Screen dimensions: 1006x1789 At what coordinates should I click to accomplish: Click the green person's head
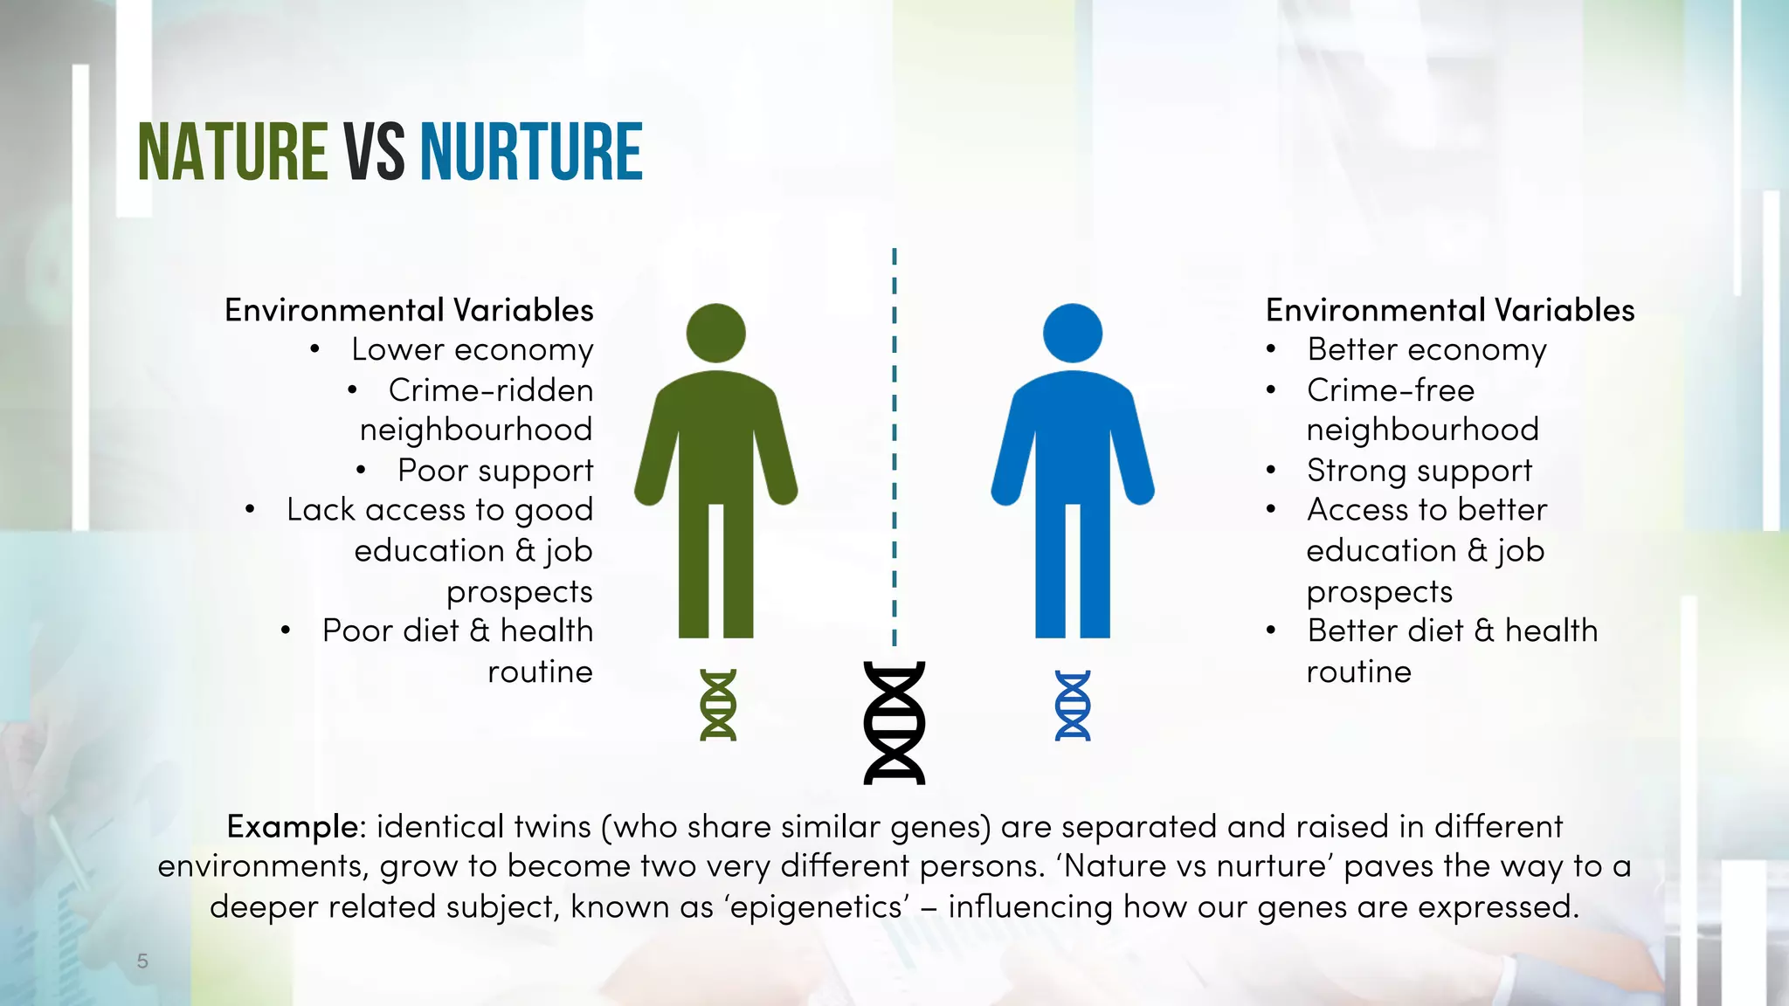coord(715,333)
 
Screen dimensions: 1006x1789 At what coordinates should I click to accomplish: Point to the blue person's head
coord(1073,333)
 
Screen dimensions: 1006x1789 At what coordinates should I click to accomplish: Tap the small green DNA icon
coord(718,705)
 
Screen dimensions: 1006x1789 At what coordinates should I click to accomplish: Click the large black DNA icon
coord(894,723)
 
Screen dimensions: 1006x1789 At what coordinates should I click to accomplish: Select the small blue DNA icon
coord(1073,705)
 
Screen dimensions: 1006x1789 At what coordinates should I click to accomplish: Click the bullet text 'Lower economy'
coord(472,349)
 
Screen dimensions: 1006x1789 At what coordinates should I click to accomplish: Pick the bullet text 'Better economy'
coord(1426,349)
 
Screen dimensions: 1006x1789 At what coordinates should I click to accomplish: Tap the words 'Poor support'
coord(495,471)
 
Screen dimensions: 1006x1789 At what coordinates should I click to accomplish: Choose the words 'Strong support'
coord(1419,471)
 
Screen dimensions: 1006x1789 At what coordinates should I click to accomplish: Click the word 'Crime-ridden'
coord(491,390)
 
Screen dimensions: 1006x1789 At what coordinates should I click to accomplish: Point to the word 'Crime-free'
coord(1391,390)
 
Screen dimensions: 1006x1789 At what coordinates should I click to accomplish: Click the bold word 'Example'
coord(292,826)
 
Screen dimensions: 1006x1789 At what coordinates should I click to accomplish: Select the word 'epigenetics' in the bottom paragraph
coord(816,906)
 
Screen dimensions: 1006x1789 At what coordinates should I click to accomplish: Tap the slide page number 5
coord(142,961)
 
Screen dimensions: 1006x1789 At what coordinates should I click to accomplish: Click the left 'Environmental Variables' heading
coord(409,310)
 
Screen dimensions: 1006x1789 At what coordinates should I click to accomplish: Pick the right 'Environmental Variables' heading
coord(1450,310)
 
